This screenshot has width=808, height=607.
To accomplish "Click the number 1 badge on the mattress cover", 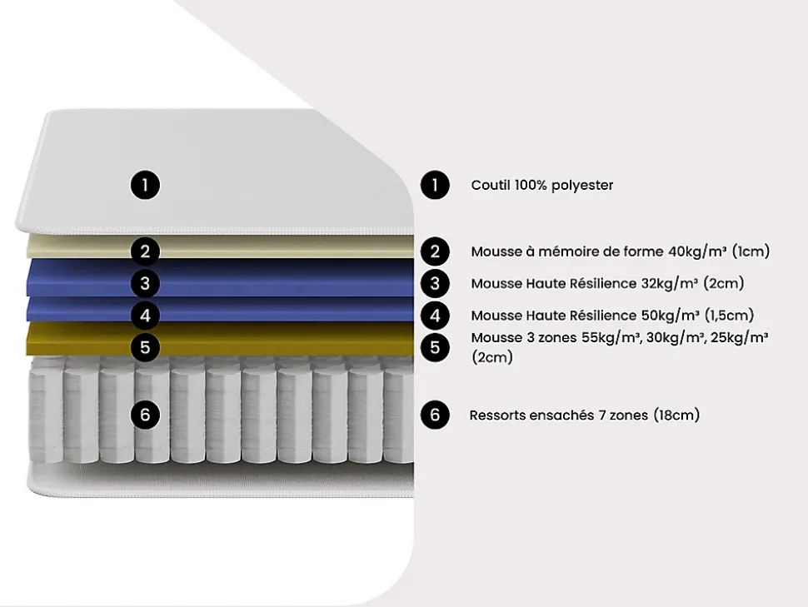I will tap(145, 184).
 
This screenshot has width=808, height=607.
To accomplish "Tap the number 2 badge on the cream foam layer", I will tap(145, 251).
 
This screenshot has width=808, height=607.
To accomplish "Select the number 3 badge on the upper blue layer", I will tap(145, 283).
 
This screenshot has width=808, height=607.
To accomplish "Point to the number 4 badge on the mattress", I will tap(145, 316).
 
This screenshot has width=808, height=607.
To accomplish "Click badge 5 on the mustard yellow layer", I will tap(145, 346).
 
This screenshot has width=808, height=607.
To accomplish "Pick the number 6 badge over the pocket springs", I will tap(145, 414).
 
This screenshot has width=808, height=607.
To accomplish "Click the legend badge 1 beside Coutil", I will tap(435, 185).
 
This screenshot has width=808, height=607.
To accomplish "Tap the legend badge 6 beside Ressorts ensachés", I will tap(435, 415).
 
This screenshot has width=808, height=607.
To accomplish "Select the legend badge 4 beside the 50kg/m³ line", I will tap(435, 316).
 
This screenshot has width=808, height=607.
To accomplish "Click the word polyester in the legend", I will tap(583, 185).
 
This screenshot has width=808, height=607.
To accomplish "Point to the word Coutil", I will tap(491, 185).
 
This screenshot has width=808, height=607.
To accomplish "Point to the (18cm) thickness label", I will tap(676, 415).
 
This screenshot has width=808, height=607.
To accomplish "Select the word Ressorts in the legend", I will tap(498, 415).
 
